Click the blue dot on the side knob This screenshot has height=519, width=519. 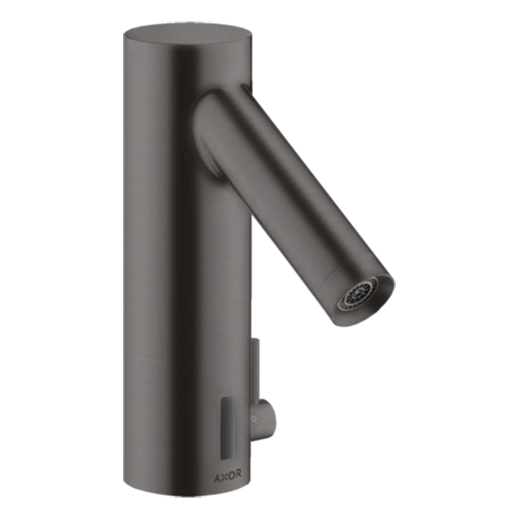click(254, 419)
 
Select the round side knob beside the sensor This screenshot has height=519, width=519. click(264, 419)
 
